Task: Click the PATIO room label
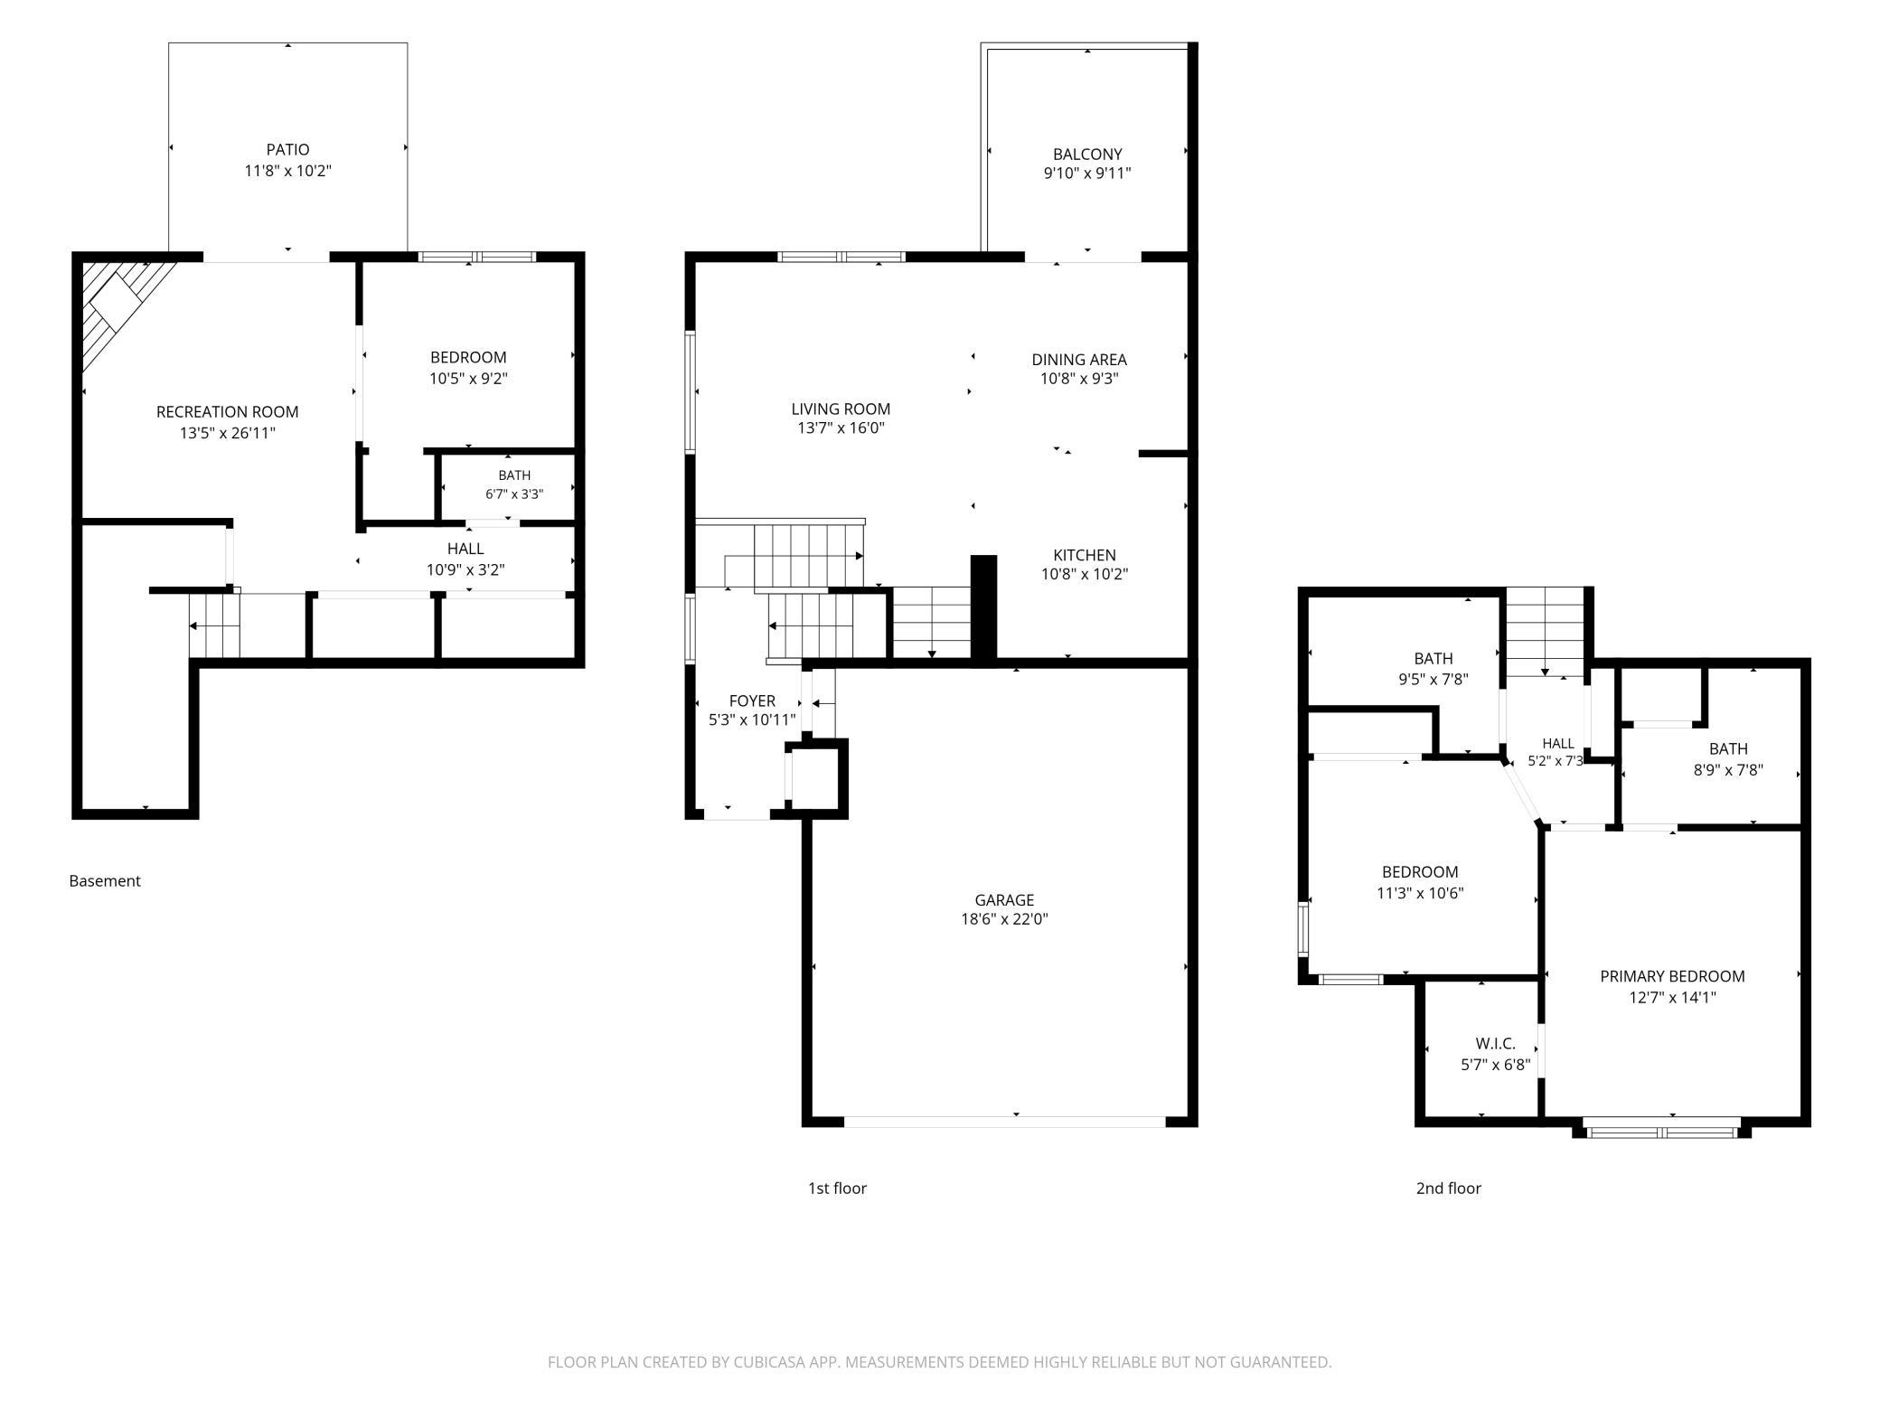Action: point(287,150)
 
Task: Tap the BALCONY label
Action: point(1087,155)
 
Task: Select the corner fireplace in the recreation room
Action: point(122,308)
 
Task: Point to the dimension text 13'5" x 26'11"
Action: point(228,433)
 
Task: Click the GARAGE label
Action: point(1004,900)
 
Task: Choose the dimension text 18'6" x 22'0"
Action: point(1004,919)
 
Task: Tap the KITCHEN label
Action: point(1085,555)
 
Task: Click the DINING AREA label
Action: point(1079,360)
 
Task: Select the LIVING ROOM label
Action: point(841,409)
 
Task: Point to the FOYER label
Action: point(752,701)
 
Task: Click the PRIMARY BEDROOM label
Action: point(1672,976)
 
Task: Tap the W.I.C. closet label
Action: point(1495,1044)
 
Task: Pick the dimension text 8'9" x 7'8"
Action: point(1728,770)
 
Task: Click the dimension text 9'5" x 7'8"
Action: point(1433,679)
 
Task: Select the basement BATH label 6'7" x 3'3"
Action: point(514,484)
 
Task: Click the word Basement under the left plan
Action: point(105,881)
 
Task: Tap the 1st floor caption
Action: point(837,1189)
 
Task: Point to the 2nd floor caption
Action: point(1448,1189)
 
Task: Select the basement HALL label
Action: point(465,549)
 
